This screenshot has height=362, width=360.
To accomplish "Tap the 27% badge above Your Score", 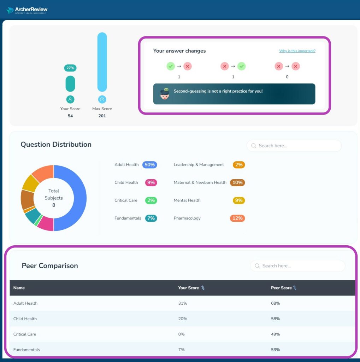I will [x=70, y=68].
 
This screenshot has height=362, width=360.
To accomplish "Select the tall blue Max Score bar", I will [x=102, y=62].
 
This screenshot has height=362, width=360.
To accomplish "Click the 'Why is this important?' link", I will [x=297, y=51].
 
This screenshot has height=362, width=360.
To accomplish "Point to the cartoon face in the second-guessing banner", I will [x=164, y=94].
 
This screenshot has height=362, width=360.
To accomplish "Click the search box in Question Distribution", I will [x=294, y=146].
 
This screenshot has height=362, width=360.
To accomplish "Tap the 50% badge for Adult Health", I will [x=149, y=165].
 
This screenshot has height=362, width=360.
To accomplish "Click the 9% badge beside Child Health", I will [x=151, y=182].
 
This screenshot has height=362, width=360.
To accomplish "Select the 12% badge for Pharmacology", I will [x=237, y=218].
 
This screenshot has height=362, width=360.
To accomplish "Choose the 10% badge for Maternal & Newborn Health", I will [x=237, y=182].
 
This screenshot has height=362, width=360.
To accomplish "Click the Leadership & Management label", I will [x=199, y=165].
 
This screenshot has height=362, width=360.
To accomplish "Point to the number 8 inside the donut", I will [x=54, y=205].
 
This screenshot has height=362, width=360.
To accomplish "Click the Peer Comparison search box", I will [x=297, y=266].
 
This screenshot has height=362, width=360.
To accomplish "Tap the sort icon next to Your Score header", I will [x=203, y=288].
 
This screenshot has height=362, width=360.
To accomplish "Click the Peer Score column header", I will [x=281, y=288].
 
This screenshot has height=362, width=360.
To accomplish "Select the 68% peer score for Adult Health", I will [x=275, y=303].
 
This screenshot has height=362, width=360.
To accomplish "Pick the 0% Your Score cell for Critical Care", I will [x=181, y=334].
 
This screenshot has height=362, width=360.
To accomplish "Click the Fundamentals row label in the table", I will [x=26, y=350].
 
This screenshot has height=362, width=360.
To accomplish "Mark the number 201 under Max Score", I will [x=102, y=116].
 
